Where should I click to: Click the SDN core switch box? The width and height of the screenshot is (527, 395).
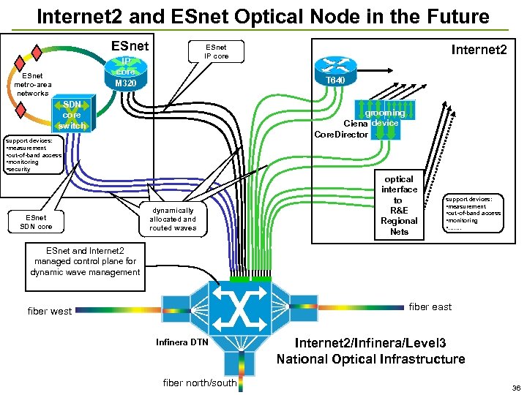click(72, 116)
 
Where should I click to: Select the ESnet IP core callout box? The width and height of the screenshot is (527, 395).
click(216, 51)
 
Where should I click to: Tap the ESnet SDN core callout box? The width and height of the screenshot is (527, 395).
click(35, 222)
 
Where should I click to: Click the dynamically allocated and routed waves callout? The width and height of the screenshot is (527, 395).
click(173, 218)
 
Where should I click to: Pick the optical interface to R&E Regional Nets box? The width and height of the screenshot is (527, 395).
click(399, 205)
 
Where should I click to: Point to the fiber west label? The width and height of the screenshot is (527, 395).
click(50, 311)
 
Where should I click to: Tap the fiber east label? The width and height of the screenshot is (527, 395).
click(430, 306)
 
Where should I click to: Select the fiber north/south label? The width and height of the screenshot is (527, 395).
click(199, 383)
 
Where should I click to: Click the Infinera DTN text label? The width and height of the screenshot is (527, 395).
click(182, 342)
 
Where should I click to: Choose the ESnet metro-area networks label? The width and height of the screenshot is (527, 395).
click(32, 84)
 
